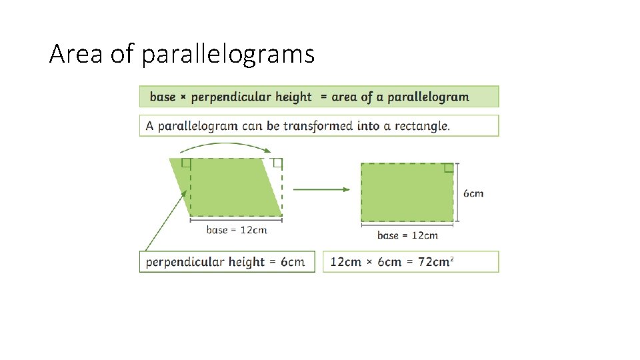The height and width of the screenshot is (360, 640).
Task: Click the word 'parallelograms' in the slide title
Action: click(228, 55)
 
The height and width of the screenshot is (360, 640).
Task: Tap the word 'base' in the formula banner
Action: click(163, 97)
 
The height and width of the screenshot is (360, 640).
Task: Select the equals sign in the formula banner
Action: click(324, 97)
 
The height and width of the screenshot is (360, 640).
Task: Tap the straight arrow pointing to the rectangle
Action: click(321, 189)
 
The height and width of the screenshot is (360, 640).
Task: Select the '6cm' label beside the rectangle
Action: click(473, 193)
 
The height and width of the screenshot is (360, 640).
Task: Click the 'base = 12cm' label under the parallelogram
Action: click(237, 230)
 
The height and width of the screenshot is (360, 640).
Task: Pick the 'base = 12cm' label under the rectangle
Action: click(407, 235)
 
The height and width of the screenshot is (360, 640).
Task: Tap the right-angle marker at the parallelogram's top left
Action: click(186, 163)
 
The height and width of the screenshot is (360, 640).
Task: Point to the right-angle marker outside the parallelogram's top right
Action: click(277, 163)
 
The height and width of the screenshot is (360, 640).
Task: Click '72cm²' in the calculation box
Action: click(436, 261)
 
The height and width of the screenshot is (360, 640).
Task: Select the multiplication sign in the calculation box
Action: click(370, 262)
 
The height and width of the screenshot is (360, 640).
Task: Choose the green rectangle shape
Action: click(407, 193)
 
